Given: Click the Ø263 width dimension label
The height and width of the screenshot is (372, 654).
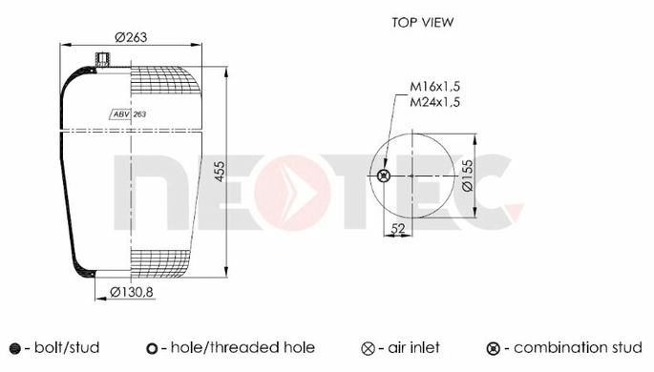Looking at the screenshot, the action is point(131,37).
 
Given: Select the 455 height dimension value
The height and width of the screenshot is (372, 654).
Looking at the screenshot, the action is point(220,171).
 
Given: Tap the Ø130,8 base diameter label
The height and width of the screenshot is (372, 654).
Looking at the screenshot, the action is point(132,293).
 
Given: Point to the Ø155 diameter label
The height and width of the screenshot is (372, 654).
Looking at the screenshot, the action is point(468,176).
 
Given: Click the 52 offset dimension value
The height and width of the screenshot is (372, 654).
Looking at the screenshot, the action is point(398,228).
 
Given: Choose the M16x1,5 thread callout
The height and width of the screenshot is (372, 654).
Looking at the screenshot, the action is point(434,87).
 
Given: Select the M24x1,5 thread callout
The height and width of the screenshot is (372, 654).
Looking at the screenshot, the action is point(434,102).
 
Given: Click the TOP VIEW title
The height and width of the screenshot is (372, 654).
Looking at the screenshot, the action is point(423,22).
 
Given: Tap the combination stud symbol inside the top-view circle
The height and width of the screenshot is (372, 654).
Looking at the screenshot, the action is point(383,176).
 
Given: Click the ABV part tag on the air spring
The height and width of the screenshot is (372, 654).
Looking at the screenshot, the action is point(121,114).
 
